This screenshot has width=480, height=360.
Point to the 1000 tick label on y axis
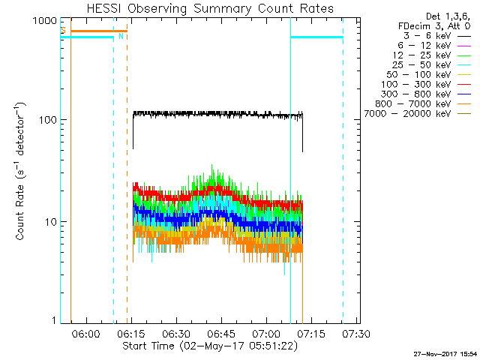(x=44, y=21)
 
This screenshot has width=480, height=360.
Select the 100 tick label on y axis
(x=47, y=120)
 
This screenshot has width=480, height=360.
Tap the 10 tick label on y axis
(x=50, y=222)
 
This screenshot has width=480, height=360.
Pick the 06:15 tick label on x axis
(x=131, y=334)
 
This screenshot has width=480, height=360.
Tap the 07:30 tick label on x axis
(x=355, y=334)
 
